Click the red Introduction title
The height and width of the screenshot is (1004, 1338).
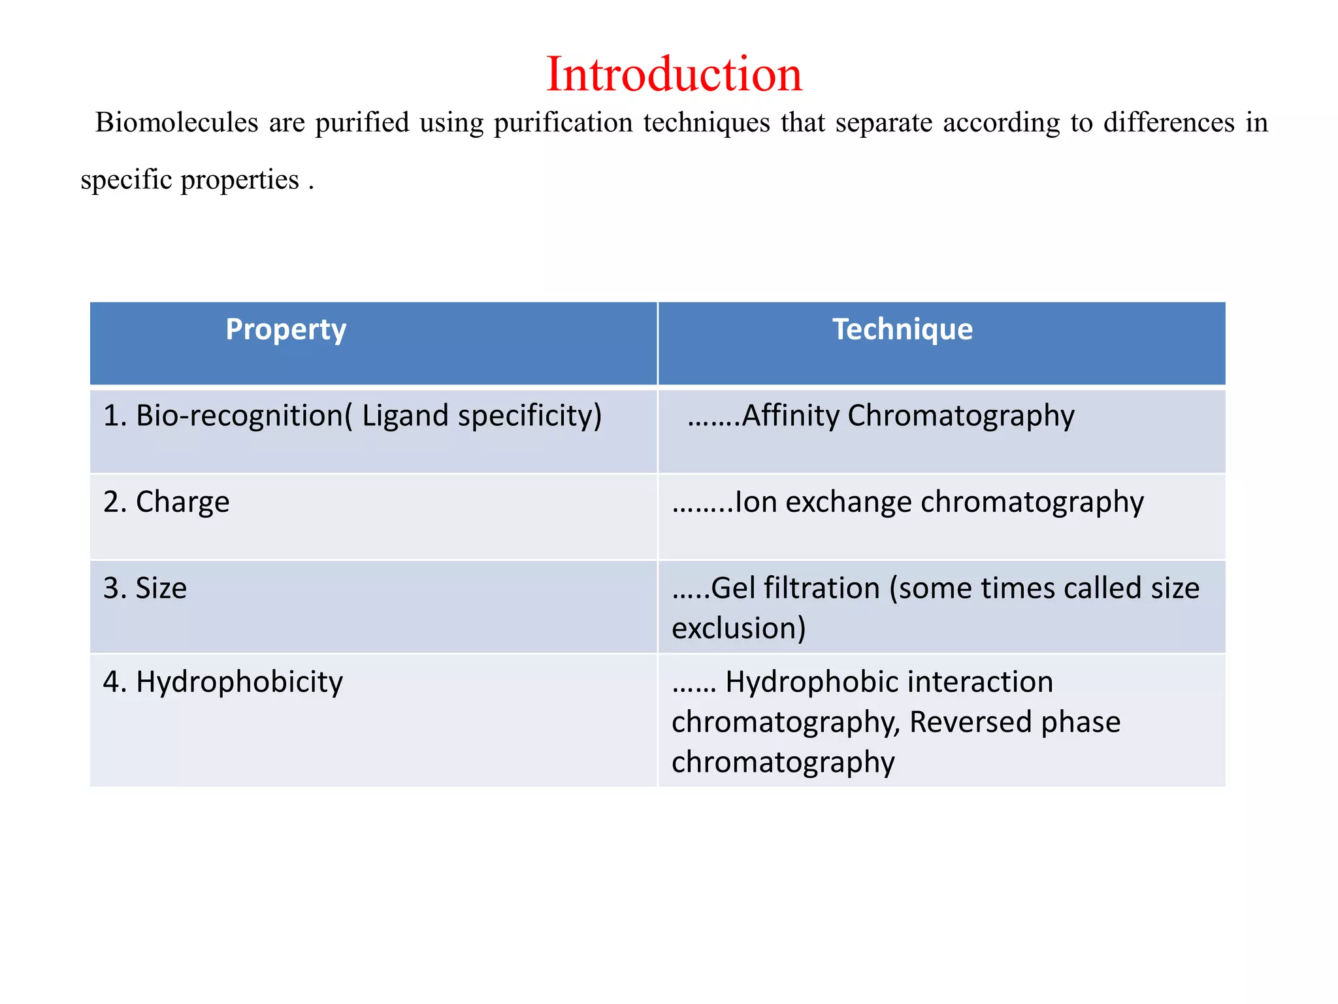674,74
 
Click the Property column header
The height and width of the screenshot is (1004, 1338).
286,329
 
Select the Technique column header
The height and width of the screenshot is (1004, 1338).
902,329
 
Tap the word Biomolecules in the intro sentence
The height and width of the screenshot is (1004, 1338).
176,123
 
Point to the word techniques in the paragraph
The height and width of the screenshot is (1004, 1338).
706,123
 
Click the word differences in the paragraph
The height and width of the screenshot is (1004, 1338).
1169,123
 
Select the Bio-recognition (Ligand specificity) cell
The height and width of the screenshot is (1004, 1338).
352,416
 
